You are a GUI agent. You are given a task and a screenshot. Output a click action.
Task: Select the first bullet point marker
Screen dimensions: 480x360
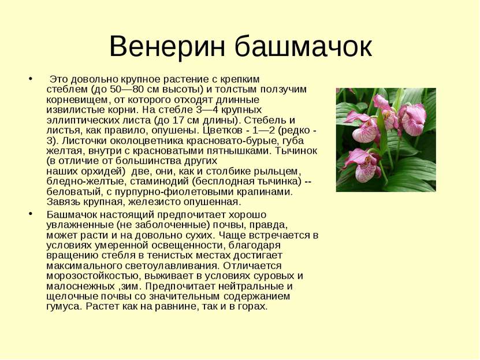(30, 79)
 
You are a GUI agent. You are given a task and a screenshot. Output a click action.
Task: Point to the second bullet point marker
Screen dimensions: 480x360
(30, 214)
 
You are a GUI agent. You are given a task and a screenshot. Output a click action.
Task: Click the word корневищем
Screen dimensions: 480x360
(77, 100)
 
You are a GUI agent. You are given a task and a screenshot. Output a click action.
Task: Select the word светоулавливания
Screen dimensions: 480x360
(174, 265)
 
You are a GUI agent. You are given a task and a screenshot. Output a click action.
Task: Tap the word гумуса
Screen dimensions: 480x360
(64, 306)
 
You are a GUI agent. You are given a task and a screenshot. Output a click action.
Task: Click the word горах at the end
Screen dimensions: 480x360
(252, 306)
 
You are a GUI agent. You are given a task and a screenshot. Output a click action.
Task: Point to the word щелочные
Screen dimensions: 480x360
(72, 296)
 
